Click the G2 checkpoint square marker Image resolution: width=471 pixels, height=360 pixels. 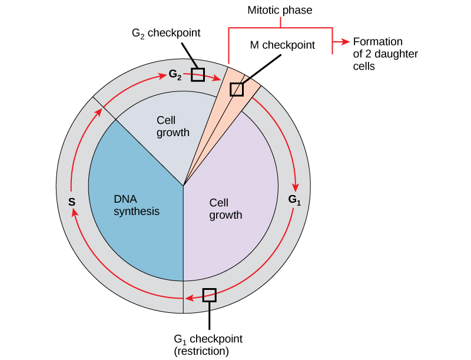click(198, 75)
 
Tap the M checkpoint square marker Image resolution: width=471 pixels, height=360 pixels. click(236, 89)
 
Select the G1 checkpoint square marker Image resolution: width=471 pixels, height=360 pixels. click(209, 295)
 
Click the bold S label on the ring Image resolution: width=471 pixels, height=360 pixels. click(71, 202)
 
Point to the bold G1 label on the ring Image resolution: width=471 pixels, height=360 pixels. click(294, 199)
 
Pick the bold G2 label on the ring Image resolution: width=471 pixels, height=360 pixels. click(175, 74)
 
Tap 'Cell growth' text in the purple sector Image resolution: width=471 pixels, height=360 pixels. click(225, 209)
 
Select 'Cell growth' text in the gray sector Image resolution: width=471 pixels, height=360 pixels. click(173, 126)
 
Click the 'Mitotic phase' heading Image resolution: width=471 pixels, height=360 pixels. click(280, 10)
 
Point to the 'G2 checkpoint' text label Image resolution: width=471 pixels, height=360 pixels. click(166, 32)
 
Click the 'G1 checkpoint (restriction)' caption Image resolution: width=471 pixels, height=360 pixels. click(208, 345)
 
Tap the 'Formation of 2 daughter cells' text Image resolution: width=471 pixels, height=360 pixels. click(377, 54)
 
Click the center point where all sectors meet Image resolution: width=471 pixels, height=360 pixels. click(184, 186)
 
